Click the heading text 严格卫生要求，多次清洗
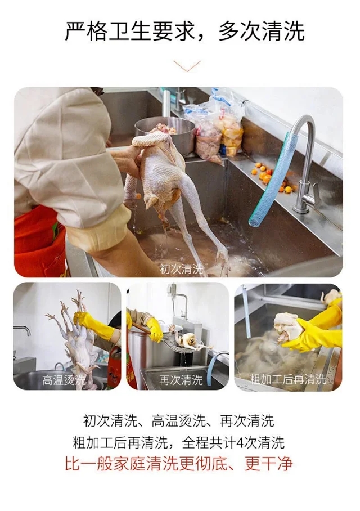click(184, 32)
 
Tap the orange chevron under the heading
click(187, 66)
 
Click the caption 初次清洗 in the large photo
click(181, 269)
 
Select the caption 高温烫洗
click(64, 380)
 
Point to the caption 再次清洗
click(181, 380)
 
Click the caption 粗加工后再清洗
click(288, 379)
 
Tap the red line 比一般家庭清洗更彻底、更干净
click(179, 463)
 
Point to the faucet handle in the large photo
click(314, 195)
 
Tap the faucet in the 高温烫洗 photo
click(22, 330)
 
